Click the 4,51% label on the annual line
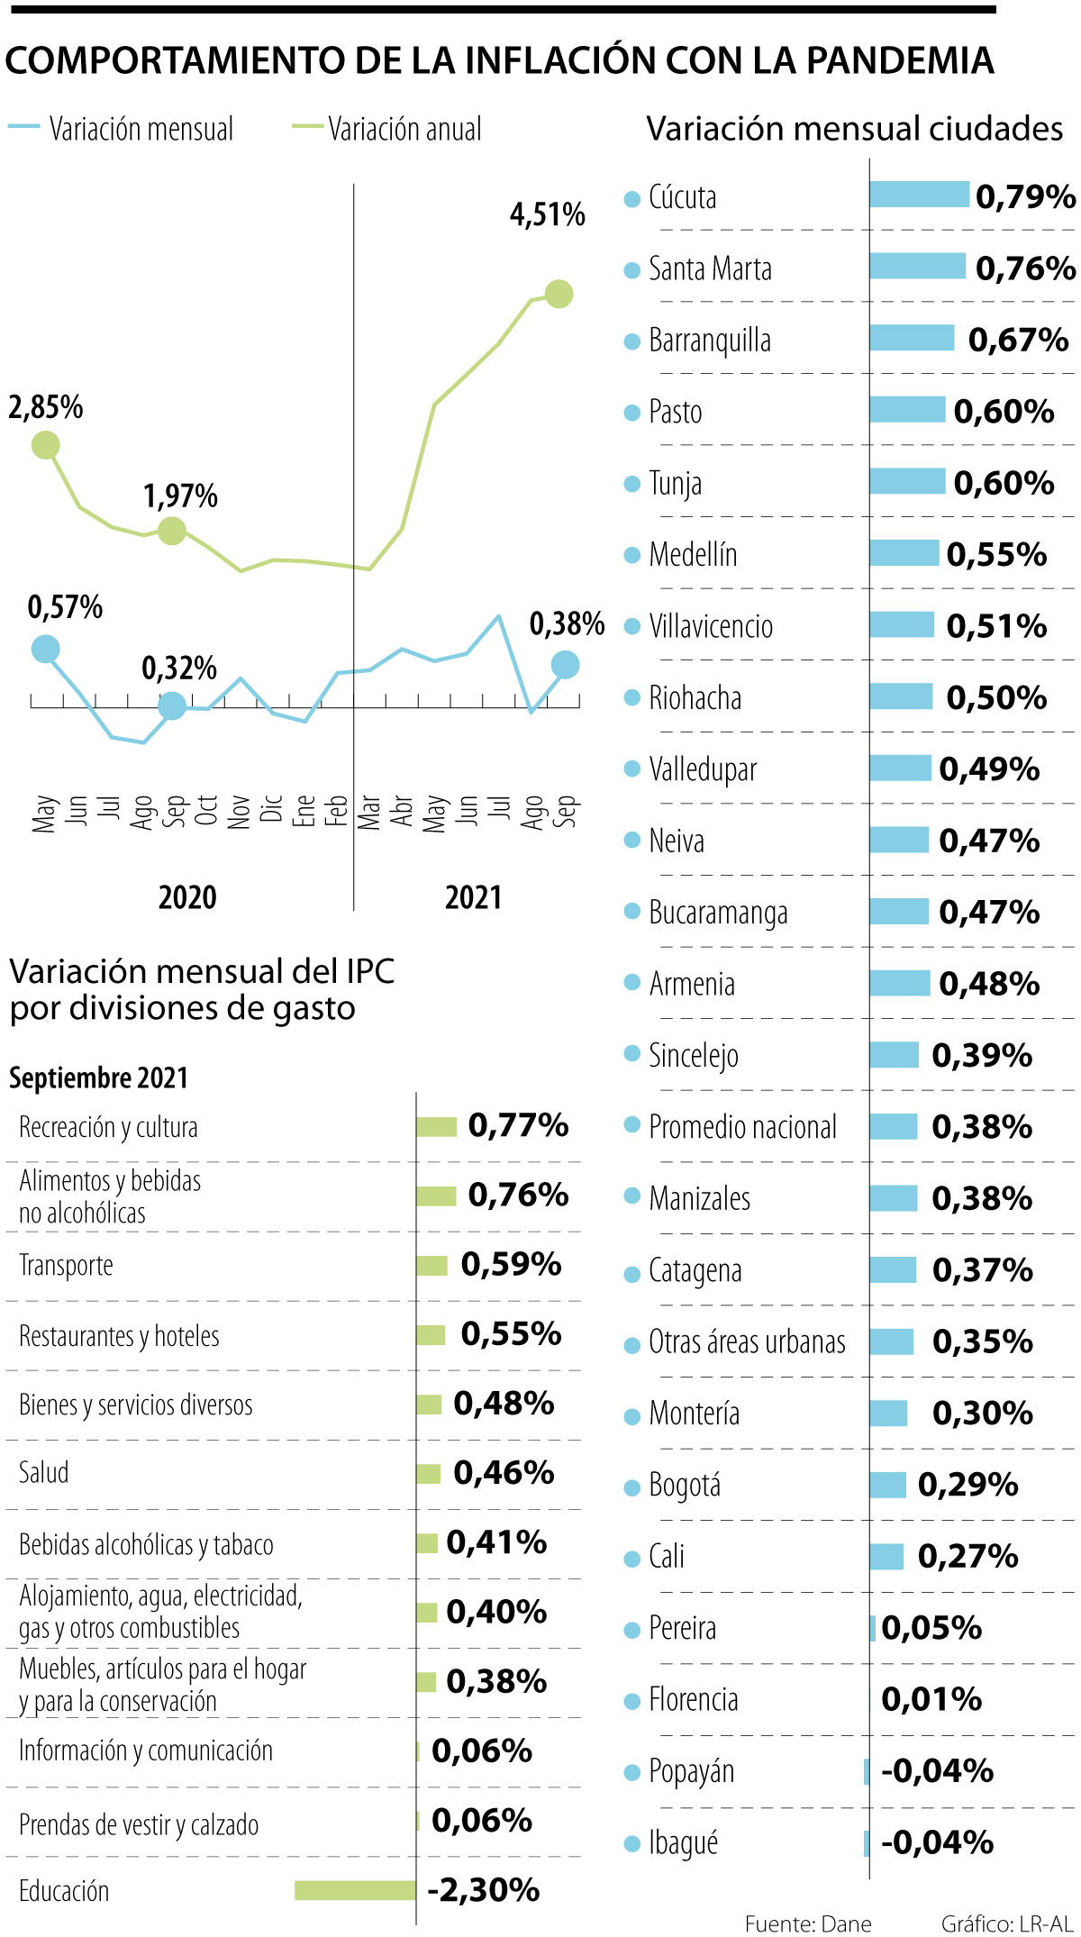547,214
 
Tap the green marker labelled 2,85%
45,445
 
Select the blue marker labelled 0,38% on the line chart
565,665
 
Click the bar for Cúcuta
919,195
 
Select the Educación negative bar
355,1890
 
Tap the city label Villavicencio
711,626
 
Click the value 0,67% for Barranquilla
1018,340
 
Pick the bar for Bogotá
887,1485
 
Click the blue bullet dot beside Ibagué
632,1844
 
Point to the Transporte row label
66,1266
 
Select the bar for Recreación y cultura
437,1126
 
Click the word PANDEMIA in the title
901,60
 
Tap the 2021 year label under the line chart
473,897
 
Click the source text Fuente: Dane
808,1923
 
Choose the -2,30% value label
484,1889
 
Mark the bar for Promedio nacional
894,1126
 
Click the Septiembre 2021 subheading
99,1078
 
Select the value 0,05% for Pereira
931,1627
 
